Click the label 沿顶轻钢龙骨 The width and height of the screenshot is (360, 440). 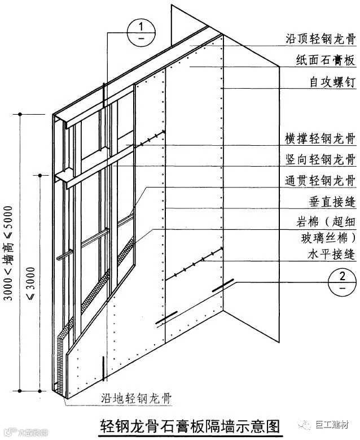point(320,40)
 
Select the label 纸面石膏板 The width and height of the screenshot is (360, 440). point(326,60)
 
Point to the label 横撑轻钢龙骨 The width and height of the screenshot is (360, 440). point(320,138)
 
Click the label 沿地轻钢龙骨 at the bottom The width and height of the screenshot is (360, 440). point(134,398)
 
